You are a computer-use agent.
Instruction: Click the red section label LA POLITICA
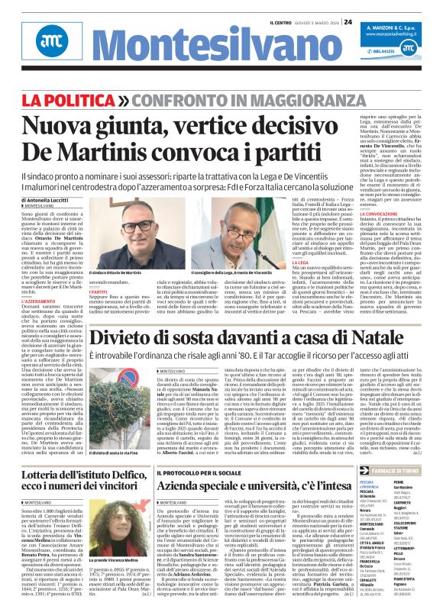click(73, 100)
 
